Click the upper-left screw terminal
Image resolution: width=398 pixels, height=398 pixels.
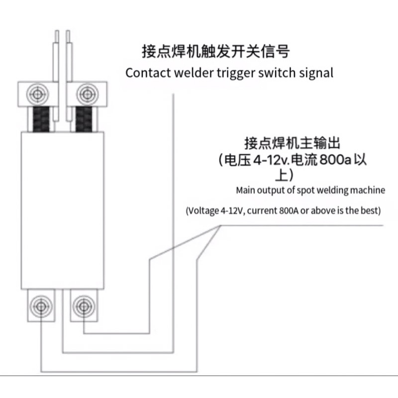(38, 94)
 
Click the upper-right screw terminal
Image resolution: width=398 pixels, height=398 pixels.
(88, 94)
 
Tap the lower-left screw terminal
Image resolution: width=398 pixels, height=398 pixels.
(41, 306)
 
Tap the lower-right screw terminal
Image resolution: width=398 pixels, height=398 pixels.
(84, 306)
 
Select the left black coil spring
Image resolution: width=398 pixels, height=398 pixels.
(41, 119)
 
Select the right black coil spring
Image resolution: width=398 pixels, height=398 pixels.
(84, 119)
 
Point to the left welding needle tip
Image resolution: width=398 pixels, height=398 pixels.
(57, 31)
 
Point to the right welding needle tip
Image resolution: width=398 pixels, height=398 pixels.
(68, 31)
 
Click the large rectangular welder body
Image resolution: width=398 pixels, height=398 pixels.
(63, 210)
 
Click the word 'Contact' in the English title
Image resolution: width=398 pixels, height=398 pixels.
(148, 73)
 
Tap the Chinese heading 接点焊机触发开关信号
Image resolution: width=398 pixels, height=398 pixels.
(215, 52)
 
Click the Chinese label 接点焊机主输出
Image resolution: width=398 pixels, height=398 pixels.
(292, 143)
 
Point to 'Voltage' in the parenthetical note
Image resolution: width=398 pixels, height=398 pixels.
(203, 210)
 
